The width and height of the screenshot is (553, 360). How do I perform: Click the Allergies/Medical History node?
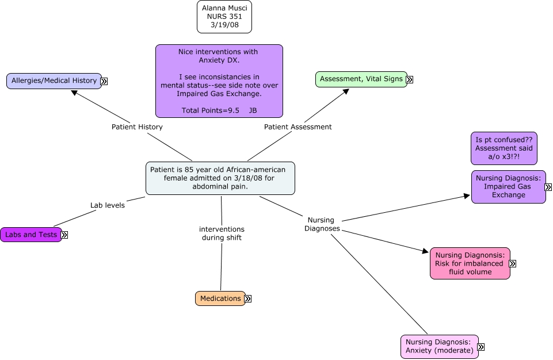tap(54, 81)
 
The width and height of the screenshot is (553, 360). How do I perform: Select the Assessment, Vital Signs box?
tap(361, 79)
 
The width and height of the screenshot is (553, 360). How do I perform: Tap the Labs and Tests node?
tap(31, 235)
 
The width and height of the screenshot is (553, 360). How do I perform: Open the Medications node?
tap(220, 298)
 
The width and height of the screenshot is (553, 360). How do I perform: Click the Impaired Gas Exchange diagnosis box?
tap(508, 187)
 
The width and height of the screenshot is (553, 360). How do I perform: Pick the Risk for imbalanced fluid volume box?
tap(470, 263)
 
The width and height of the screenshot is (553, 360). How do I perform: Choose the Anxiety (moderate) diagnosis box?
tap(439, 347)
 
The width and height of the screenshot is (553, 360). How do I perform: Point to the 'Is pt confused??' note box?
tap(504, 148)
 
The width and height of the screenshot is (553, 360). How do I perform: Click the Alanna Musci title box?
tap(224, 17)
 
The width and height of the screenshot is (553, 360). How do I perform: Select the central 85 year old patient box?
tap(220, 178)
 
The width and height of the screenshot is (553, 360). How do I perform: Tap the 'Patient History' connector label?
tap(137, 127)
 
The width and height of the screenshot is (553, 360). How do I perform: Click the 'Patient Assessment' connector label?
tap(298, 127)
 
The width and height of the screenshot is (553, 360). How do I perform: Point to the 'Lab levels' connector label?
tap(108, 205)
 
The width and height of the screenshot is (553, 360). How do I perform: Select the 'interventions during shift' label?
tap(222, 233)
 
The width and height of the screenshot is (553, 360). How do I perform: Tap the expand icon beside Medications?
tap(248, 299)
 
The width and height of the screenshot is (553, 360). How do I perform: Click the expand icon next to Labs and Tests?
tap(64, 235)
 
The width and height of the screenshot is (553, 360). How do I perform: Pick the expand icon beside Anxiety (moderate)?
tap(480, 347)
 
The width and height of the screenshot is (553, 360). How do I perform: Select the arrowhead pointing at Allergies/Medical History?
tap(74, 92)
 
